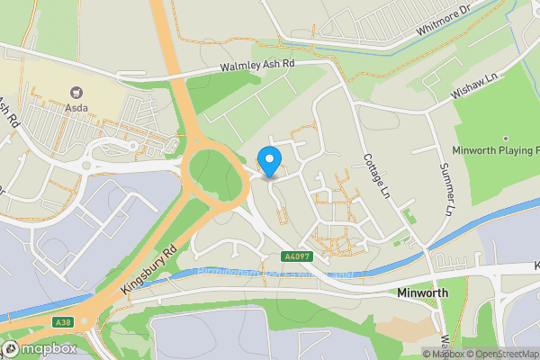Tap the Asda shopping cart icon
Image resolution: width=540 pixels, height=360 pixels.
click(x=76, y=91)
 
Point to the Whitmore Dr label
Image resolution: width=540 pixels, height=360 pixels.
click(x=445, y=22)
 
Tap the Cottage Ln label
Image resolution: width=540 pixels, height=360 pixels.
click(x=376, y=175)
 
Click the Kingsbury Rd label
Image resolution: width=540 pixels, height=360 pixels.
click(x=148, y=270)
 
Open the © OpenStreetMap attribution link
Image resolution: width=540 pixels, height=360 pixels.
click(x=501, y=353)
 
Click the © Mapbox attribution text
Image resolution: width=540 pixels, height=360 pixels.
click(x=444, y=353)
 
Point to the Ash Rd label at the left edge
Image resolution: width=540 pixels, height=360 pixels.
click(x=9, y=112)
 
